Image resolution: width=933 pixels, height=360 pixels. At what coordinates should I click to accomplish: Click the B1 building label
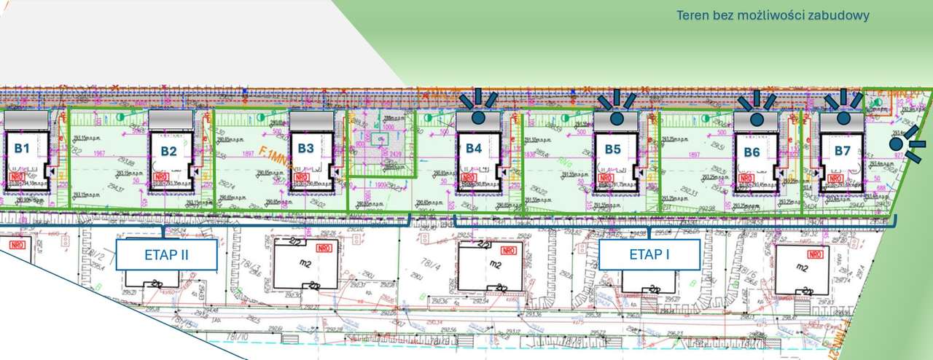(x=22, y=148)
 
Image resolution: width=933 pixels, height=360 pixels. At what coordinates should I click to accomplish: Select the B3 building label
(x=305, y=148)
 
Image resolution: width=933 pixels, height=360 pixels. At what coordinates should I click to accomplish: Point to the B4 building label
(x=474, y=148)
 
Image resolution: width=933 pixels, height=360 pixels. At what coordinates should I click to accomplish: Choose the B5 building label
(x=613, y=150)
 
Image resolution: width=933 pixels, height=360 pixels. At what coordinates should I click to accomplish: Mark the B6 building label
(x=752, y=152)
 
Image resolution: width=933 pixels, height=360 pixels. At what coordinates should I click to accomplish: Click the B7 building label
(x=843, y=151)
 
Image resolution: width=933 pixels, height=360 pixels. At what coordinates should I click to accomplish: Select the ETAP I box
(x=649, y=254)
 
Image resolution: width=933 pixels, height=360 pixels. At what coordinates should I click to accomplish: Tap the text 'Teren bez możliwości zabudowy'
(x=773, y=15)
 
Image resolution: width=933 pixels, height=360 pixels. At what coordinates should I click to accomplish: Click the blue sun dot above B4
(x=478, y=115)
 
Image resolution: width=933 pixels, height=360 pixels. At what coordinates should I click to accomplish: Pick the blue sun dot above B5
(x=617, y=117)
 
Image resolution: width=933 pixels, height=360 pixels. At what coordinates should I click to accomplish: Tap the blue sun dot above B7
(x=843, y=117)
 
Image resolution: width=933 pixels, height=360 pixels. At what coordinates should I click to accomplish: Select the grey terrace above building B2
(x=171, y=119)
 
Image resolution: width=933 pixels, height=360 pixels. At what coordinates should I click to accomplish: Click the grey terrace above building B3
(x=311, y=119)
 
